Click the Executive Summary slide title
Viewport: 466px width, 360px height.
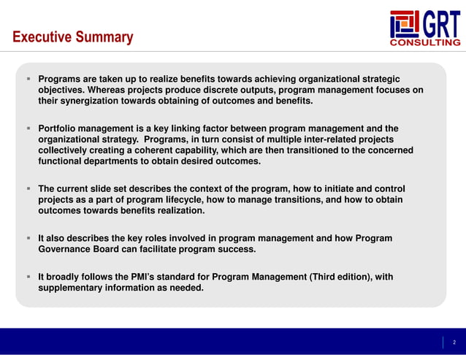click(73, 37)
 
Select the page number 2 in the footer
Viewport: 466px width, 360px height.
click(453, 342)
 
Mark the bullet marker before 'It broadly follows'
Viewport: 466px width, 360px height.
click(28, 277)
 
